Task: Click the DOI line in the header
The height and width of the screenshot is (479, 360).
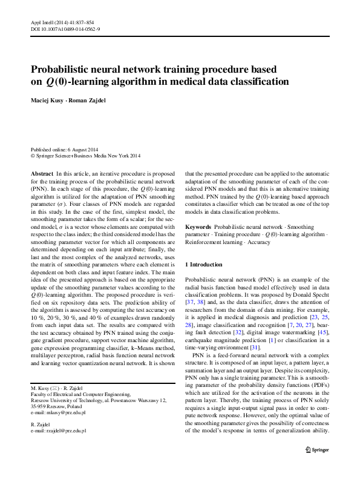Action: [x=65, y=28]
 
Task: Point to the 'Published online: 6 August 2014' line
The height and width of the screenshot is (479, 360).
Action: [x=65, y=150]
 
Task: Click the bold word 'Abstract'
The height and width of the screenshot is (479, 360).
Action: [x=42, y=173]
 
